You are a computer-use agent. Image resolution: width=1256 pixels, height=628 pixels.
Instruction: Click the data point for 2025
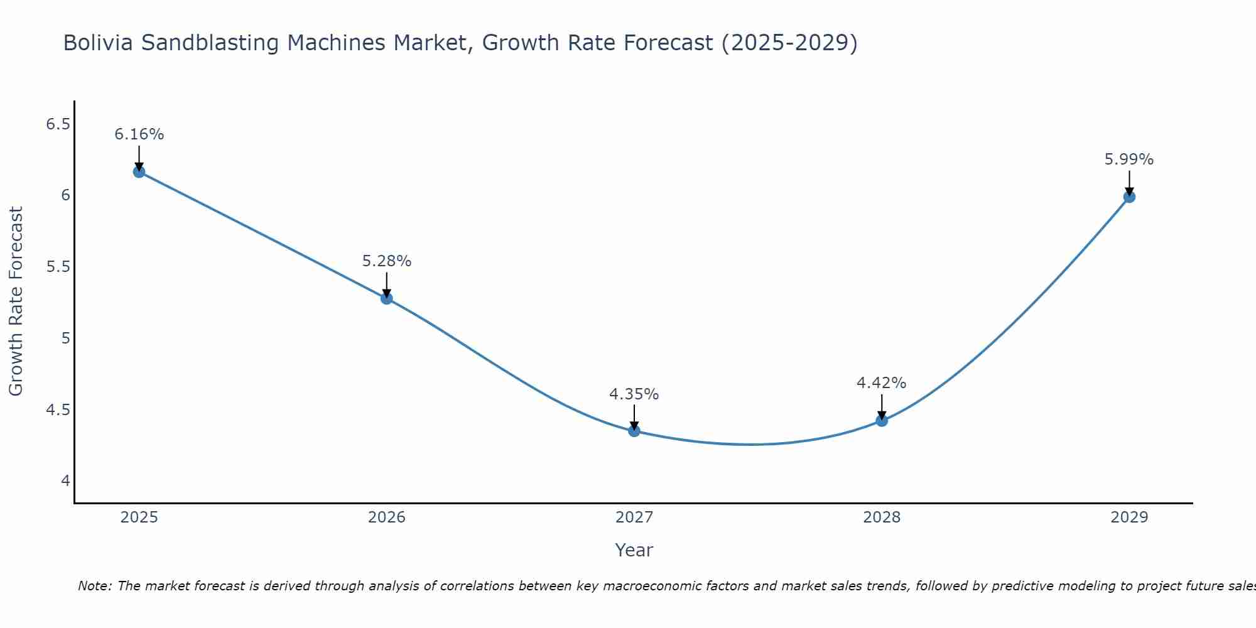coord(139,171)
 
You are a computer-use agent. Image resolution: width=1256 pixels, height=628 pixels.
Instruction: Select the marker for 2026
coord(387,298)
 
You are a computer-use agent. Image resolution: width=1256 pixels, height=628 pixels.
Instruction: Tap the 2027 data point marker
coord(634,431)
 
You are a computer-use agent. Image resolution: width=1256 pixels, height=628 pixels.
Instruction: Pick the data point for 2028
coord(882,421)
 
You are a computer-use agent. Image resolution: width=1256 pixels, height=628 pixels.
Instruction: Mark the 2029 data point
coord(1129,197)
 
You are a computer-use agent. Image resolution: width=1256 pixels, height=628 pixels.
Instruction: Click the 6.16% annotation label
coord(139,134)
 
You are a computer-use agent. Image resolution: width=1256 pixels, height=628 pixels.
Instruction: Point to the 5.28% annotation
coord(387,261)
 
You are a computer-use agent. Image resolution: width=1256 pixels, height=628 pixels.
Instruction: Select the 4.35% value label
coord(634,394)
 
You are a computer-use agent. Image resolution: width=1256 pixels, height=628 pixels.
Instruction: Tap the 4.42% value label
coord(882,383)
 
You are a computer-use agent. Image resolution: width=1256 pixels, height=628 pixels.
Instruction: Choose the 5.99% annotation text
coord(1129,160)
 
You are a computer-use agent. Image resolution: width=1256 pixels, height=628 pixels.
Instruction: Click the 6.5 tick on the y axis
coord(58,124)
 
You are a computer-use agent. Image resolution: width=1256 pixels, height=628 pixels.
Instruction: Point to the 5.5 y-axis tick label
coord(58,267)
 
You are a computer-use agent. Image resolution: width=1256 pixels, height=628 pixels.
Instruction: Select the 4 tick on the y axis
coord(65,481)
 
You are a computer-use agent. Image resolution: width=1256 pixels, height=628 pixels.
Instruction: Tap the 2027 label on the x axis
coord(634,517)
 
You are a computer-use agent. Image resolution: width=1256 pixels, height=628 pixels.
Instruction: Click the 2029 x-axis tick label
coord(1129,517)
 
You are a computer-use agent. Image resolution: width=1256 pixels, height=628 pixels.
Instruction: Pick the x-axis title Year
coord(634,550)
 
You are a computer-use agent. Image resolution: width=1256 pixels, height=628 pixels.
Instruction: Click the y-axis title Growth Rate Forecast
coord(16,301)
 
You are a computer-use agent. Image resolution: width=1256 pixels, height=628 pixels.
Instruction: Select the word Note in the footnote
coord(94,586)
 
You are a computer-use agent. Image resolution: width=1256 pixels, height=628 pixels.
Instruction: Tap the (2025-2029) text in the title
coord(789,43)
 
